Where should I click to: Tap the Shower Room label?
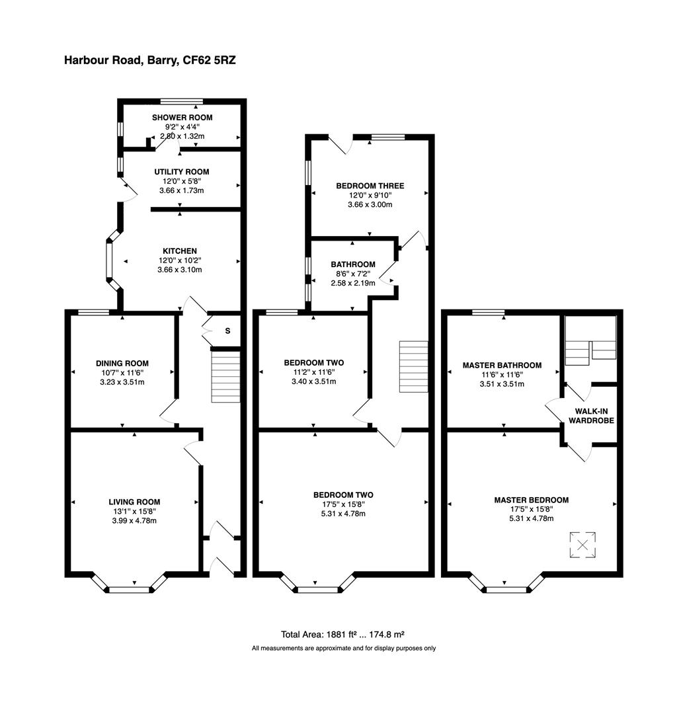pyautogui.click(x=182, y=118)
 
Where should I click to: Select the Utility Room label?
pyautogui.click(x=182, y=172)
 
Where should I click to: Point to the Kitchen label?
pyautogui.click(x=180, y=251)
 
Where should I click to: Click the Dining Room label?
pyautogui.click(x=122, y=364)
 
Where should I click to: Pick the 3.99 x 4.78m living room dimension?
pyautogui.click(x=134, y=521)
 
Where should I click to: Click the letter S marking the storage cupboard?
pyautogui.click(x=227, y=331)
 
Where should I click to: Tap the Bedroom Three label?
pyautogui.click(x=370, y=186)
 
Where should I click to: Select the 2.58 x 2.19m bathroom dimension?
pyautogui.click(x=353, y=283)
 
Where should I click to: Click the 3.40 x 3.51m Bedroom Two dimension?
pyautogui.click(x=314, y=381)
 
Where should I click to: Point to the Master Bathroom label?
pyautogui.click(x=502, y=365)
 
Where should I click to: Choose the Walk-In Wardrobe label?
pyautogui.click(x=590, y=415)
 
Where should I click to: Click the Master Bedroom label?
pyautogui.click(x=531, y=500)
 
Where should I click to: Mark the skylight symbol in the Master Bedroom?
pyautogui.click(x=583, y=545)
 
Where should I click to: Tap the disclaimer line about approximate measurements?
pyautogui.click(x=344, y=649)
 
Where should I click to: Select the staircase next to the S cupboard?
pyautogui.click(x=225, y=377)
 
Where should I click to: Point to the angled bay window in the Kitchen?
pyautogui.click(x=110, y=261)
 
